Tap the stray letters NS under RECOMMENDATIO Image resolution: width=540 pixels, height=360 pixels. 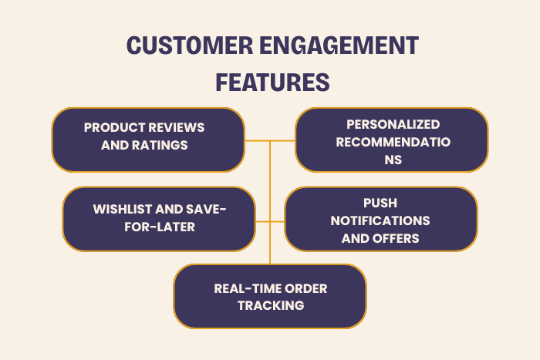tap(393, 160)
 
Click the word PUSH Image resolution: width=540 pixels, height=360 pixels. tap(380, 203)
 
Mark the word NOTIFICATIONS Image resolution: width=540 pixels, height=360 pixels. tap(380, 220)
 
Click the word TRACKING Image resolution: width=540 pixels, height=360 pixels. tap(270, 305)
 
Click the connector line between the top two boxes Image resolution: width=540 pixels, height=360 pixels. tap(270, 141)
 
